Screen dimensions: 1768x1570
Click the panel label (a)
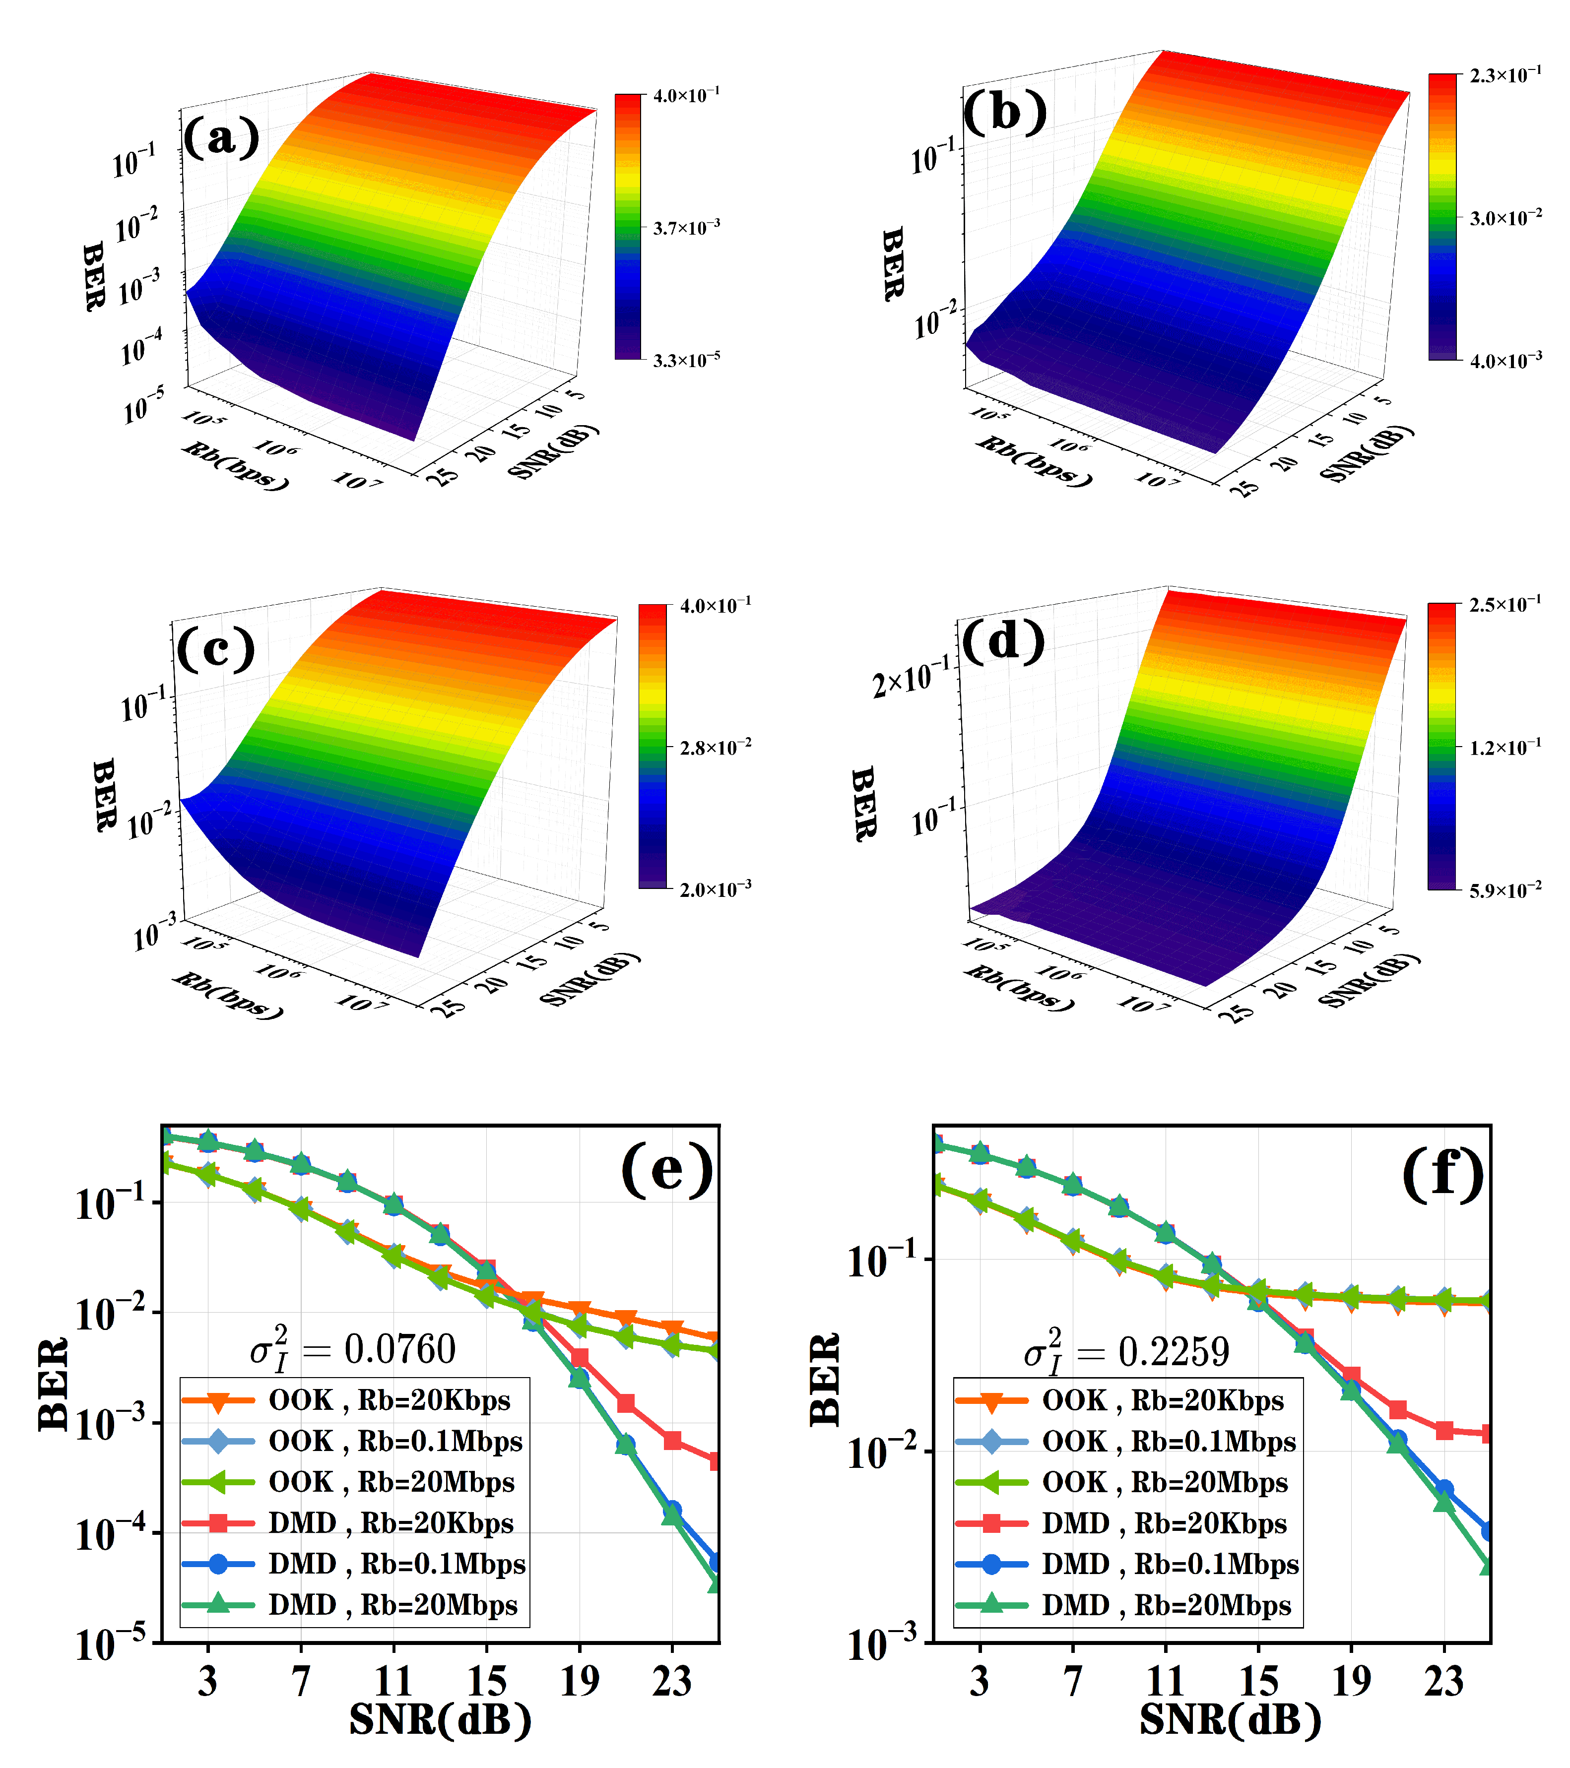click(x=221, y=136)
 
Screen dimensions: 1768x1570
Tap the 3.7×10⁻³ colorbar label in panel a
click(x=686, y=228)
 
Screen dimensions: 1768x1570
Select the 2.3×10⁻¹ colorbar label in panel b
click(x=1505, y=76)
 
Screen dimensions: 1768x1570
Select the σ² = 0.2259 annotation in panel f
click(x=1125, y=1352)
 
